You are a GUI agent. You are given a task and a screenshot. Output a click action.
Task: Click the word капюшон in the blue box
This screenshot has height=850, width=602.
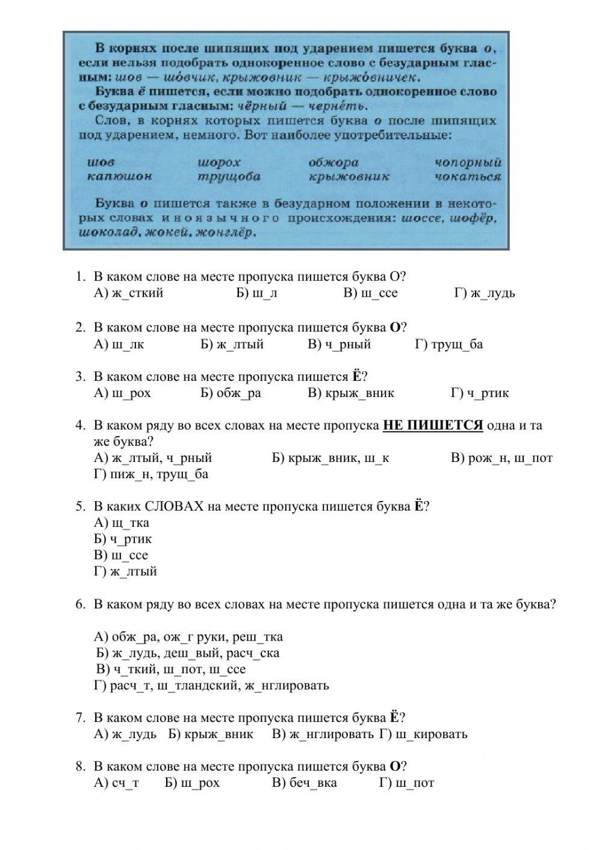tap(119, 176)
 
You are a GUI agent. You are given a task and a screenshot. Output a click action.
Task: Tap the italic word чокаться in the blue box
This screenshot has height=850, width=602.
tap(468, 176)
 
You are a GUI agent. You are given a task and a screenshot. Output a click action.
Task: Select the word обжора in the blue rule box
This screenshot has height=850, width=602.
tap(334, 162)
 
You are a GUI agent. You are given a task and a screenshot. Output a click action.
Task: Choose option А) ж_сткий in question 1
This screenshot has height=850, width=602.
tap(128, 293)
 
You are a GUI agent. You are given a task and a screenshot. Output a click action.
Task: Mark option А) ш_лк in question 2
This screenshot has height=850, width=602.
tap(119, 344)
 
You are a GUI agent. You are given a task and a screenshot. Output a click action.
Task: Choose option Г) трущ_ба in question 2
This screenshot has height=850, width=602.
tap(448, 344)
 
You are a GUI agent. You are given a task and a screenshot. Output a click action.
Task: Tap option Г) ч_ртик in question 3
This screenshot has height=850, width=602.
tap(480, 393)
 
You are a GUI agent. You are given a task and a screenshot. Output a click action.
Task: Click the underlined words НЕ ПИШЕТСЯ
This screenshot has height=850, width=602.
tap(433, 425)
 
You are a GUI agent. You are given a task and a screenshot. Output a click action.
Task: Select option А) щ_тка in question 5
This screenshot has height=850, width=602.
tap(122, 523)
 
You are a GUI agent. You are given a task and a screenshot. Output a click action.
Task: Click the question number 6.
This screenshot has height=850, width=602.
tap(81, 605)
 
